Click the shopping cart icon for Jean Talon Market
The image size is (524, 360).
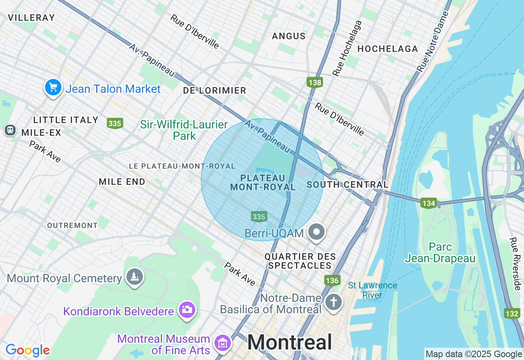[x=53, y=88]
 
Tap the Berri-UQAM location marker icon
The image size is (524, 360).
[x=316, y=232]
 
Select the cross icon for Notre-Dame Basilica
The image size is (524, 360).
[x=334, y=303]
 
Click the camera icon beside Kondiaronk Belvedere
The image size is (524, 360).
[x=187, y=310]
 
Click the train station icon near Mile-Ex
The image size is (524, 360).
[x=10, y=130]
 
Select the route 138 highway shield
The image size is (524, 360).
[x=315, y=82]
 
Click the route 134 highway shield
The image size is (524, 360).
[x=429, y=202]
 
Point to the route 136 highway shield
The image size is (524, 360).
[x=332, y=280]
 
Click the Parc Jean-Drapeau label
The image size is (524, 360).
[x=440, y=252]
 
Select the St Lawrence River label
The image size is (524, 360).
[x=372, y=290]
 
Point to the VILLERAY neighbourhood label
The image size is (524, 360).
[x=31, y=18]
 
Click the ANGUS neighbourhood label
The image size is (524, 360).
[x=289, y=36]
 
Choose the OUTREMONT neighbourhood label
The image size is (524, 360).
[x=72, y=225]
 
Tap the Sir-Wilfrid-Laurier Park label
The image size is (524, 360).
[x=184, y=130]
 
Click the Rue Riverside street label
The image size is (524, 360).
[x=515, y=264]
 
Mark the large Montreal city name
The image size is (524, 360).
[x=289, y=342]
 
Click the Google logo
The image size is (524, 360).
[x=27, y=350]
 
